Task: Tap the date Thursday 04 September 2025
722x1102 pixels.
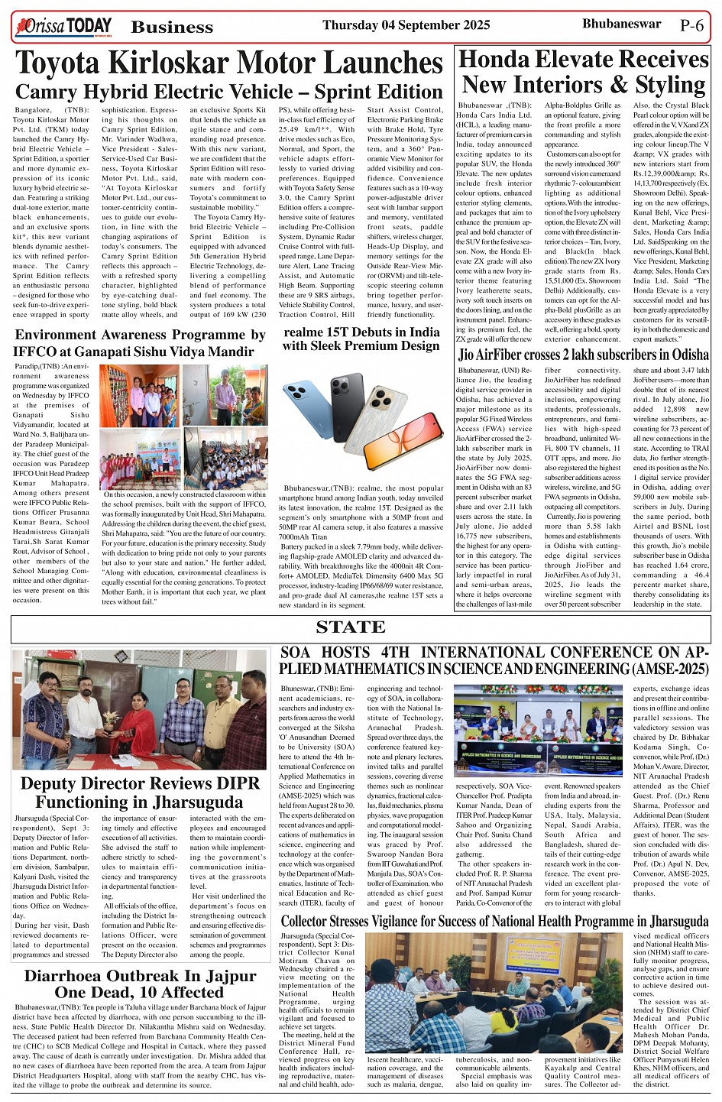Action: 406,25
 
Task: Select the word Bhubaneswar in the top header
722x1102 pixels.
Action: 621,24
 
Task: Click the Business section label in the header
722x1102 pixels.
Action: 172,28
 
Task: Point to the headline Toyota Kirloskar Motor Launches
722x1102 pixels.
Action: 228,63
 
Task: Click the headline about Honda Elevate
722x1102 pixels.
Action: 584,72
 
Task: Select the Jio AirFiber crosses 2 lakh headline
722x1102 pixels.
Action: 583,355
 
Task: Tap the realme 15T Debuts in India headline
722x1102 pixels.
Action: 361,339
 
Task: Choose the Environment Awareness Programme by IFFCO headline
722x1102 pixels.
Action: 141,343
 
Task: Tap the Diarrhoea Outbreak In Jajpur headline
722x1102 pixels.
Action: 140,984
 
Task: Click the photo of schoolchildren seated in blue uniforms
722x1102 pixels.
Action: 226,459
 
